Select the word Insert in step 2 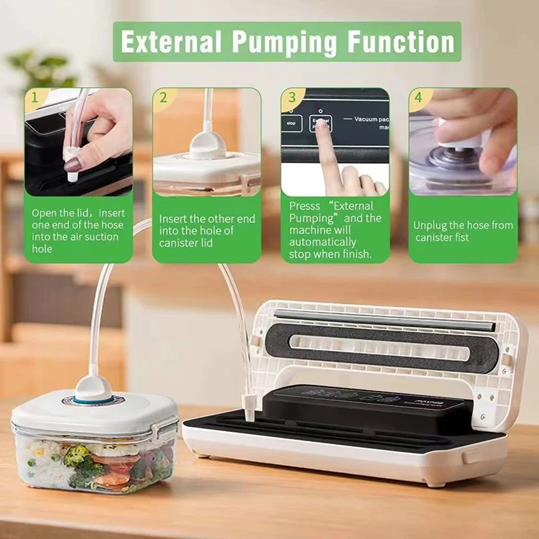[173, 218]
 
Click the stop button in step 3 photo [291, 124]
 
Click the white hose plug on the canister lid [93, 386]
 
